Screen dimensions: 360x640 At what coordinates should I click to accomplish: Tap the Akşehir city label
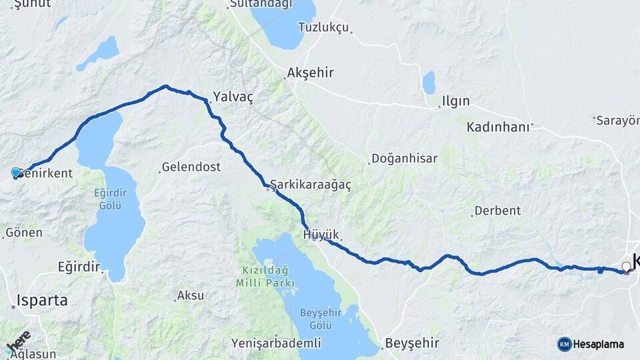coord(310,73)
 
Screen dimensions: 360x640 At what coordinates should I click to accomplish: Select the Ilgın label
coord(456,102)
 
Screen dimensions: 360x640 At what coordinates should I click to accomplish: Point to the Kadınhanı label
coord(498,127)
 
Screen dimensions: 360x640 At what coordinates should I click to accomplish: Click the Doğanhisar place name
coord(404,159)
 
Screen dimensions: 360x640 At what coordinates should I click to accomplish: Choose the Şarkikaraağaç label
coord(311,184)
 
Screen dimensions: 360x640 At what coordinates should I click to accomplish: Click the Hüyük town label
coord(321,235)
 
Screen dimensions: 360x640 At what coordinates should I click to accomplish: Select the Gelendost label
coord(191,167)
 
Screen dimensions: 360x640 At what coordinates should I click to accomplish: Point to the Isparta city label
coord(43,300)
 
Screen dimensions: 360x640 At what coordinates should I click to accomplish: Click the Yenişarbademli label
coord(276,343)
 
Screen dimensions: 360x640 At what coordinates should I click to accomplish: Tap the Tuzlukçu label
coord(323,27)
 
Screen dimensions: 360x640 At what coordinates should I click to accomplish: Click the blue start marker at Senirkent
coord(16,173)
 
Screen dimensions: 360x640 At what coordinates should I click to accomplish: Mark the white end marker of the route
coord(626,267)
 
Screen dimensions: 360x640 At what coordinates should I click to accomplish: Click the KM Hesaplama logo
coord(591,344)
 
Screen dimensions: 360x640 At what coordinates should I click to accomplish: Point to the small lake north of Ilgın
coord(429,83)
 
